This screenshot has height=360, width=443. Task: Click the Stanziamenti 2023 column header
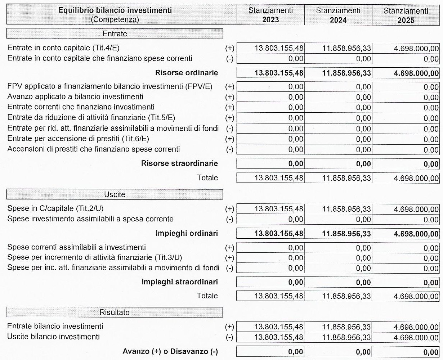coord(270,15)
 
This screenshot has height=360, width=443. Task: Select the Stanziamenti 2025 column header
coord(406,15)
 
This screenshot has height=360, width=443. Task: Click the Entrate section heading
coord(115,34)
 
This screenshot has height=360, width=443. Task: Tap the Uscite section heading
coord(115,194)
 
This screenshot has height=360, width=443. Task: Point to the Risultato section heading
coord(115,312)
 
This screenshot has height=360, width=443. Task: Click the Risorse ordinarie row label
coord(187,73)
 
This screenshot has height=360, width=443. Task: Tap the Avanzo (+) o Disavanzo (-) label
coord(170,351)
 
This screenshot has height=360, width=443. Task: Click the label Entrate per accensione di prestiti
coord(78,139)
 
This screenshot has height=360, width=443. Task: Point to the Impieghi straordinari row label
coord(179,282)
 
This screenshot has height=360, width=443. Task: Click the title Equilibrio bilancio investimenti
coord(115,10)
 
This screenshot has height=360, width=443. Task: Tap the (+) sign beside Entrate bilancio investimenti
coord(229,327)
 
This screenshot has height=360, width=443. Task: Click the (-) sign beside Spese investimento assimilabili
coord(229,219)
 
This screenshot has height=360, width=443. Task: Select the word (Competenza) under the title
coord(115,20)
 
